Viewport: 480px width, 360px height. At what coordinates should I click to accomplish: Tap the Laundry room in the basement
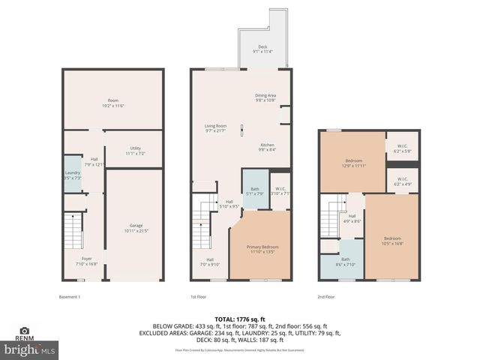[72, 175]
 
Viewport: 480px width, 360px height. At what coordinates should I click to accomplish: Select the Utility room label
[135, 150]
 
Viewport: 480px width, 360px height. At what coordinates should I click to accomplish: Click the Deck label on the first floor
[264, 49]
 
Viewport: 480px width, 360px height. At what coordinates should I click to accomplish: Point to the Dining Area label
[266, 97]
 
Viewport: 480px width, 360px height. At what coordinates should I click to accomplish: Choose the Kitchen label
[268, 147]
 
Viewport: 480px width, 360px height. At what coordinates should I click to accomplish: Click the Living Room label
[216, 128]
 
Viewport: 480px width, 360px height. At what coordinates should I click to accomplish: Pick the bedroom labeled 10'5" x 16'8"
[391, 240]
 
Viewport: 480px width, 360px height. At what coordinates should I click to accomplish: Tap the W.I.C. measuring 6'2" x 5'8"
[402, 148]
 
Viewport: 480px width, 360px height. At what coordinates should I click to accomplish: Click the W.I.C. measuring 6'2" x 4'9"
[402, 181]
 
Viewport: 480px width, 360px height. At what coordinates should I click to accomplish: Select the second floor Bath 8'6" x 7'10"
[345, 261]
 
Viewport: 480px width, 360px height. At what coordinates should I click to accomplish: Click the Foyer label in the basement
[87, 261]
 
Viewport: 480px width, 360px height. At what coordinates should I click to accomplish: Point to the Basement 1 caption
[69, 296]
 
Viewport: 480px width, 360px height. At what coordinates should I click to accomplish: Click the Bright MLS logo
[29, 349]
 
